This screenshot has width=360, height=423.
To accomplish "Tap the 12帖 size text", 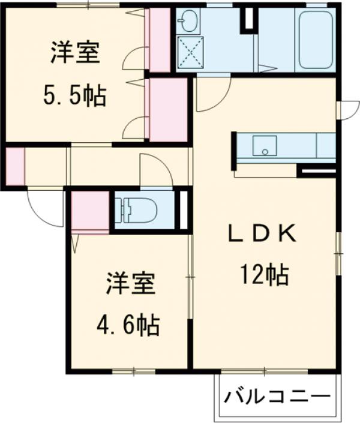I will point(264,275).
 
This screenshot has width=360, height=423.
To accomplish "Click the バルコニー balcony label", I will point(278,397).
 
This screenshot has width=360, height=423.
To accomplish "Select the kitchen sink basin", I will point(264,146).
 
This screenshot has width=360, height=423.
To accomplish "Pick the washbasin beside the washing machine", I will point(190,23).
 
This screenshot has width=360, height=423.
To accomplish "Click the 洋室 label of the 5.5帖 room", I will point(75,53).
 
